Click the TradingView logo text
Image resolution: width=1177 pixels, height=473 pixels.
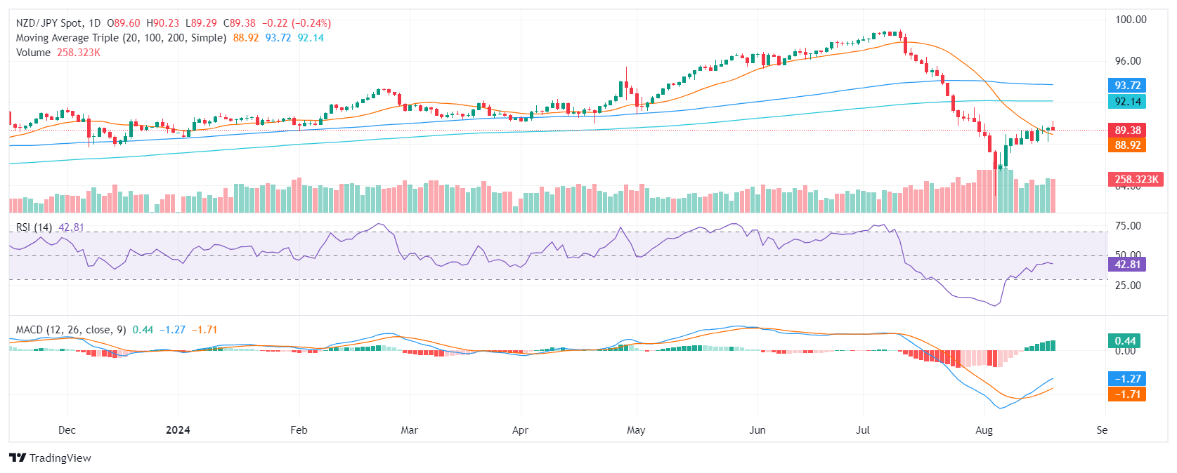[60, 458]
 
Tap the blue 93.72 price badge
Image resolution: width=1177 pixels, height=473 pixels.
[1127, 86]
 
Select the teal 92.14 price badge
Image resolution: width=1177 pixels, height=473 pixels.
[1127, 102]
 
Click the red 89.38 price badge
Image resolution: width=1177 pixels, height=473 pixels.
[1127, 131]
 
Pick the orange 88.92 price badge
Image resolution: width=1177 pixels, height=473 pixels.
[1127, 145]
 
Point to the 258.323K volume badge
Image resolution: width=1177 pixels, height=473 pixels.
[1136, 180]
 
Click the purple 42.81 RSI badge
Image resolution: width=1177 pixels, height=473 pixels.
[1127, 265]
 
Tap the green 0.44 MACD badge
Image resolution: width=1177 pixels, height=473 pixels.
[1125, 341]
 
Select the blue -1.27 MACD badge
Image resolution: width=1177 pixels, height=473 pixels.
[1127, 379]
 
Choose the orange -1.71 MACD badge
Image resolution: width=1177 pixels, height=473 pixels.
[1127, 394]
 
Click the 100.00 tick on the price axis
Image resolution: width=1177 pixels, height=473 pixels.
[1131, 20]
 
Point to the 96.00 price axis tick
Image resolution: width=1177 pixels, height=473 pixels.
[1128, 61]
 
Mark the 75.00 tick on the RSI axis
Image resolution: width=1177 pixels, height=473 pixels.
[1128, 226]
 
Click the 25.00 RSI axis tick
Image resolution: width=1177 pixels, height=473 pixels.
[1128, 286]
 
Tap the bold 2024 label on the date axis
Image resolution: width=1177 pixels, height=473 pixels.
[178, 430]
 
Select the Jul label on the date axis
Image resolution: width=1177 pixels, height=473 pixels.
[863, 430]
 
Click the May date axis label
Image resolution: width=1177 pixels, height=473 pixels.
[636, 430]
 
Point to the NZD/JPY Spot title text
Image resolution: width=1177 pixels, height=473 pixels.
[49, 23]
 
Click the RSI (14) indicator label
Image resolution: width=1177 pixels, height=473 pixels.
[34, 227]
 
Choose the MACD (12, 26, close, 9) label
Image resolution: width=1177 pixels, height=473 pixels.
[71, 330]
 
